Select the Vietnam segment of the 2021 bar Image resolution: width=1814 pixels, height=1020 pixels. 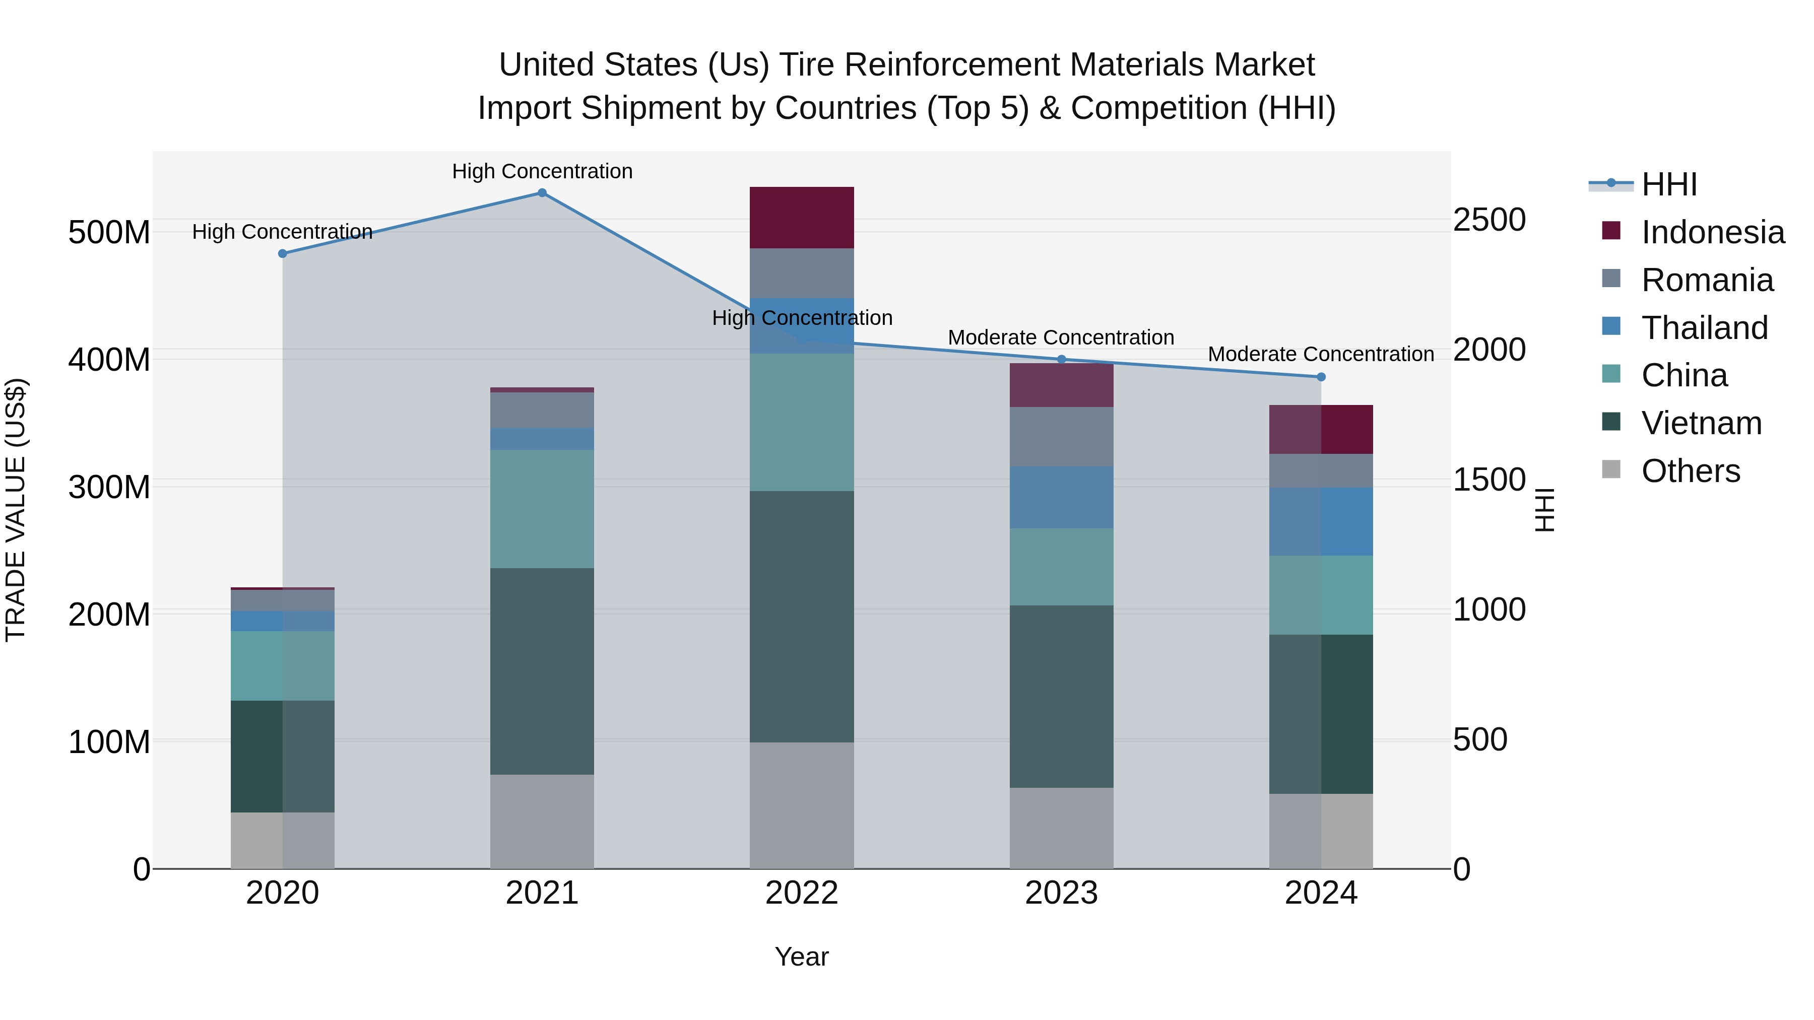[542, 671]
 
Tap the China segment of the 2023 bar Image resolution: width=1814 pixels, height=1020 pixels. [1061, 567]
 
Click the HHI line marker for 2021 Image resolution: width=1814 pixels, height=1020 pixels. [542, 193]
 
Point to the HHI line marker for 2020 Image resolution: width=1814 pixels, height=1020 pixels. [282, 253]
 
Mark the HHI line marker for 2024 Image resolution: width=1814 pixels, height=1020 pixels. [1321, 377]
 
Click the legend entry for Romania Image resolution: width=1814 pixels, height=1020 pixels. [1707, 280]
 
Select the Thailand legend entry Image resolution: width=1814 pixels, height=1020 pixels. [1704, 328]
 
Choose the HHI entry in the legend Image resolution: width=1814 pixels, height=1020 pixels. [1669, 184]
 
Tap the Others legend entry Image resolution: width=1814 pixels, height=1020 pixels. [1690, 471]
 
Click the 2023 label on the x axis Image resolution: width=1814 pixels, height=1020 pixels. [1061, 893]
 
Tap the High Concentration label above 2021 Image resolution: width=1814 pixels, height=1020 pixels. [542, 172]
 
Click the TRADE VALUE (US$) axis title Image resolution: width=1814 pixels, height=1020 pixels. [16, 510]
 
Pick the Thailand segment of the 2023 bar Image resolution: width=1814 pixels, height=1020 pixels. [1061, 497]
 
